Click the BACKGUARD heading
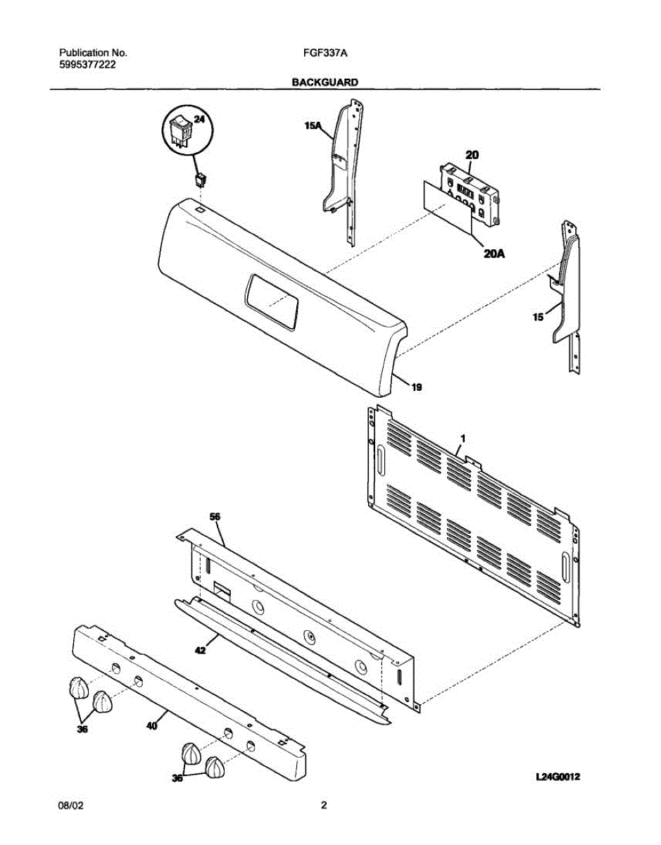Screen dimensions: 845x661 point(325,82)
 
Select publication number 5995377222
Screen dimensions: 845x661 point(87,65)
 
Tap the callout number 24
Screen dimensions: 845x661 point(199,120)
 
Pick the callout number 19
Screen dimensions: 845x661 point(417,387)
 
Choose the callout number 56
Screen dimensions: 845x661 point(215,516)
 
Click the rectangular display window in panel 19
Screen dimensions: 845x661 point(271,302)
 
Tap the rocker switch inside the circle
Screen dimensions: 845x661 point(180,132)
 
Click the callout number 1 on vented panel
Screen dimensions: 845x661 point(462,438)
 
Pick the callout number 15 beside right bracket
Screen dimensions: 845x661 point(538,318)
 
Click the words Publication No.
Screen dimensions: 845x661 point(92,53)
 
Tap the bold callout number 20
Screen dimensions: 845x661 point(472,154)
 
